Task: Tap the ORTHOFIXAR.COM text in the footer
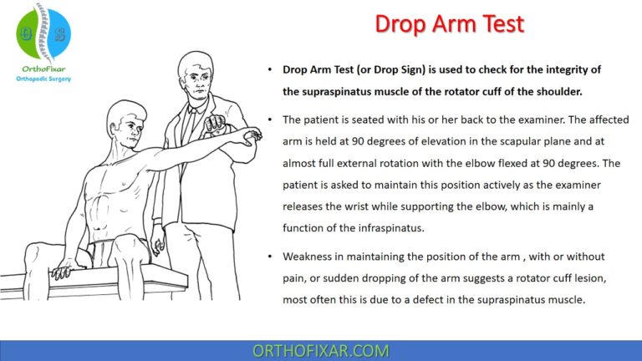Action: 320,350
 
